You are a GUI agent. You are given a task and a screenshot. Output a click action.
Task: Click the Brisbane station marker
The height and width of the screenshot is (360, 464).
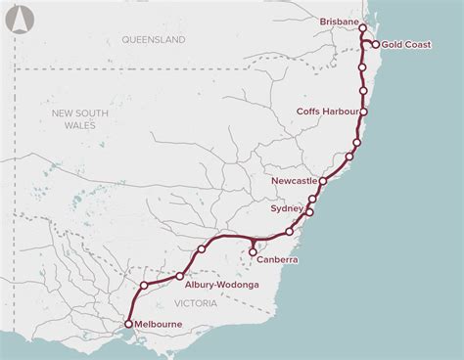(363, 28)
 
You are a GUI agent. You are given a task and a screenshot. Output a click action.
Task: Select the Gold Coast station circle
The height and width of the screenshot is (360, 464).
(376, 44)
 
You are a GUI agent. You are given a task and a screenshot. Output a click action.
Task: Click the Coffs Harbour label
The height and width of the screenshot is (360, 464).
(328, 112)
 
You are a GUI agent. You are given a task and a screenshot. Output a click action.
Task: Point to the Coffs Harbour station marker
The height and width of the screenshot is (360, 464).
(363, 112)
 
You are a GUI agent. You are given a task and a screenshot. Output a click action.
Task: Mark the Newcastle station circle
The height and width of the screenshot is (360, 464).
(323, 181)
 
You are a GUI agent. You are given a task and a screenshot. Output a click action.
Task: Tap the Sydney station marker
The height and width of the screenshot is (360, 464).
(309, 211)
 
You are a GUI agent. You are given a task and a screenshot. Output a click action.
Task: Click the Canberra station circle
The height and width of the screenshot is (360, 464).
(255, 251)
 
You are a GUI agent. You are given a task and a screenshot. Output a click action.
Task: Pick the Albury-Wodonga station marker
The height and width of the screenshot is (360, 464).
(181, 276)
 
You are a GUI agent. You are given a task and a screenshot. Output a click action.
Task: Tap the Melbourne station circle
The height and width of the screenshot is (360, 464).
(128, 322)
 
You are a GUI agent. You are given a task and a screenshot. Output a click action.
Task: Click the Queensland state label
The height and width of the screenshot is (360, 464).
(154, 40)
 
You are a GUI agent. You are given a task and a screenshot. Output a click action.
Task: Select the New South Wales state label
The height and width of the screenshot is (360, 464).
(72, 121)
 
